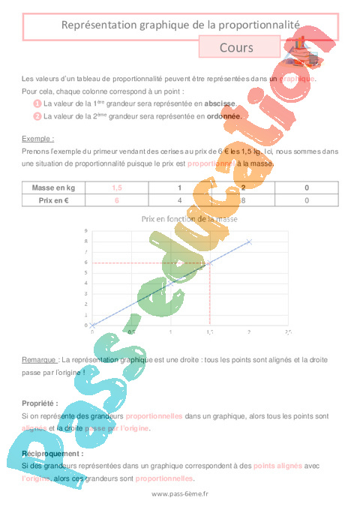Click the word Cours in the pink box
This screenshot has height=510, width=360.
click(236, 47)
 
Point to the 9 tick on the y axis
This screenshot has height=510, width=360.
click(85, 231)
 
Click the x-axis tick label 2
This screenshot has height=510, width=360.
click(249, 331)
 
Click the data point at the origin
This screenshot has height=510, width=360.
click(92, 325)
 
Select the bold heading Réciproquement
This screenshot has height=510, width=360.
click(52, 454)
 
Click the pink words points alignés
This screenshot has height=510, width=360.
click(279, 466)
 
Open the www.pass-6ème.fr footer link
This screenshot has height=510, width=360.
click(180, 493)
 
